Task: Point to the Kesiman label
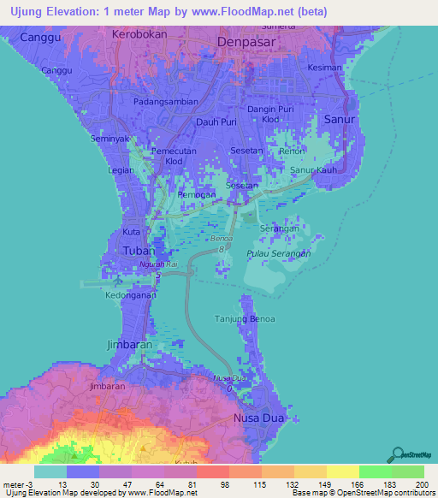click(325, 68)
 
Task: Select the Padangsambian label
click(166, 101)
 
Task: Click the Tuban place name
click(139, 251)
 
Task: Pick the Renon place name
click(292, 151)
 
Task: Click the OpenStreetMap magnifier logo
click(396, 454)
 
